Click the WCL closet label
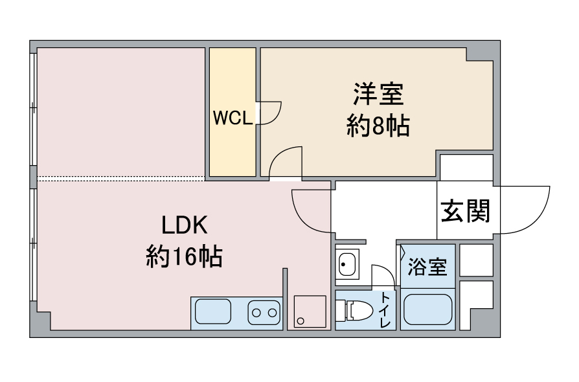(233, 118)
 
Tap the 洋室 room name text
(378, 94)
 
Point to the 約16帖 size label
(185, 256)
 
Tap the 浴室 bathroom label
(427, 267)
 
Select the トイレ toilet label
(385, 309)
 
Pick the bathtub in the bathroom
(428, 309)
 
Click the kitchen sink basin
(213, 312)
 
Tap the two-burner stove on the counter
(264, 313)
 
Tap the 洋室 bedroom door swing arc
(278, 154)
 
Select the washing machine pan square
(310, 311)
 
